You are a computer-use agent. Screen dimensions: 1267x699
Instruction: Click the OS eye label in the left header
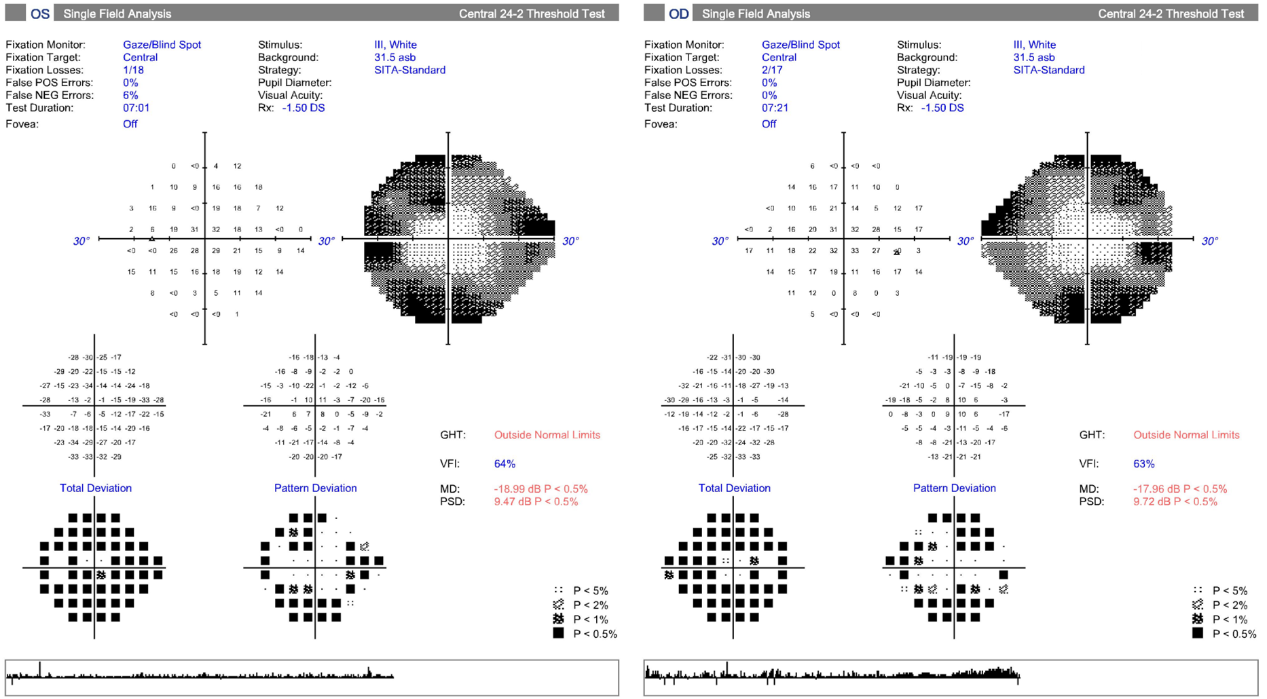point(40,14)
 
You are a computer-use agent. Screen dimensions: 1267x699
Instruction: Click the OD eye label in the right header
point(678,14)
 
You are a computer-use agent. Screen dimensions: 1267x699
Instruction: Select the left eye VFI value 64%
point(504,464)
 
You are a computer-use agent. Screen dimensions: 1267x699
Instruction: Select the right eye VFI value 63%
point(1143,464)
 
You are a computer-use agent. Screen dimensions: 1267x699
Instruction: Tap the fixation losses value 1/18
point(133,70)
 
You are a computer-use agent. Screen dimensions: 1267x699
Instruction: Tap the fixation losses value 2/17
point(772,70)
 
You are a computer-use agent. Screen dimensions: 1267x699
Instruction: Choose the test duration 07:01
point(136,108)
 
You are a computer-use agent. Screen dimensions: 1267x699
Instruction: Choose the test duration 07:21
point(775,108)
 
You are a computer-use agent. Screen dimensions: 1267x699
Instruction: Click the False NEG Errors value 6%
point(130,95)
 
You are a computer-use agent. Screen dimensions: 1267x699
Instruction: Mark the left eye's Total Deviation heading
point(96,488)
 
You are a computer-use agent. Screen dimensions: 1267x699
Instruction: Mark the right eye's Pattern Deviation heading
point(954,488)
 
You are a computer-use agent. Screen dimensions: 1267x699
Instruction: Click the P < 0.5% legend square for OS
point(558,632)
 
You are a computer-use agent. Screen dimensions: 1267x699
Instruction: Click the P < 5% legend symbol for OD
point(1198,590)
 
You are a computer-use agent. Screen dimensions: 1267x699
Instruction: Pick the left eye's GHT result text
point(547,435)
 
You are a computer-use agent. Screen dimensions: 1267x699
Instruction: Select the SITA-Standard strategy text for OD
point(1048,70)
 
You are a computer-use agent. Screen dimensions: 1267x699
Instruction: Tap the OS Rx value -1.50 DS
point(303,108)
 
